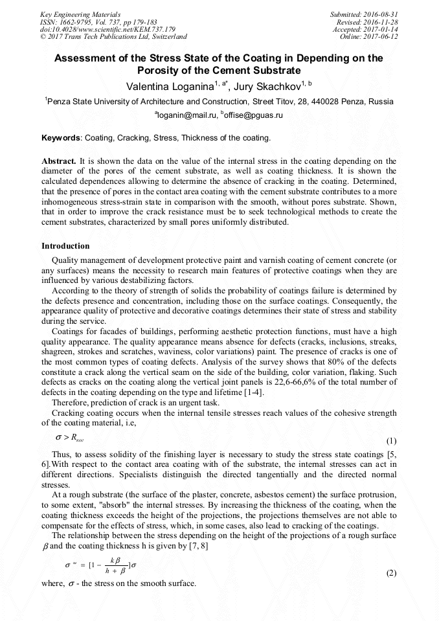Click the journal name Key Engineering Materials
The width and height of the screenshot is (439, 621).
pos(80,14)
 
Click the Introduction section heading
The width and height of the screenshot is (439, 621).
pos(65,246)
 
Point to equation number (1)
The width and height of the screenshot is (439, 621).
pos(391,441)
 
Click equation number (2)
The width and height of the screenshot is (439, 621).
pos(391,574)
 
